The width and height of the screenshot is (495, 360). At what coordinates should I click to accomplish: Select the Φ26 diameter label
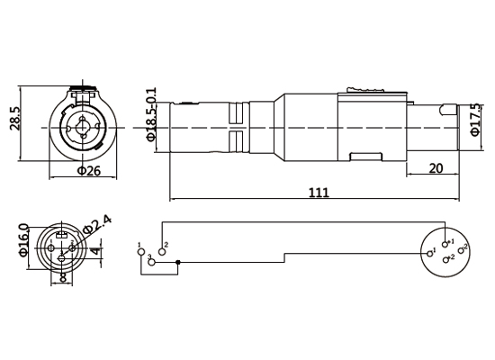click(87, 170)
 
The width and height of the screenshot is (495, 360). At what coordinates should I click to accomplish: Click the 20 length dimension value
click(436, 167)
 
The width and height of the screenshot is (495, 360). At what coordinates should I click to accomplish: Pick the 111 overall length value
click(318, 192)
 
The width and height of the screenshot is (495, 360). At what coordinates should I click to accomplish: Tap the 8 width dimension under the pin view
click(61, 278)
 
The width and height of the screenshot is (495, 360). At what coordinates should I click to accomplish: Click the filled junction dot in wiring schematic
click(179, 263)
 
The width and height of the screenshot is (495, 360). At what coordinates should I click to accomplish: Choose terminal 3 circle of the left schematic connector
click(151, 263)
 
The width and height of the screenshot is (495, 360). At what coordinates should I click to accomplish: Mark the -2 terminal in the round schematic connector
click(446, 259)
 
